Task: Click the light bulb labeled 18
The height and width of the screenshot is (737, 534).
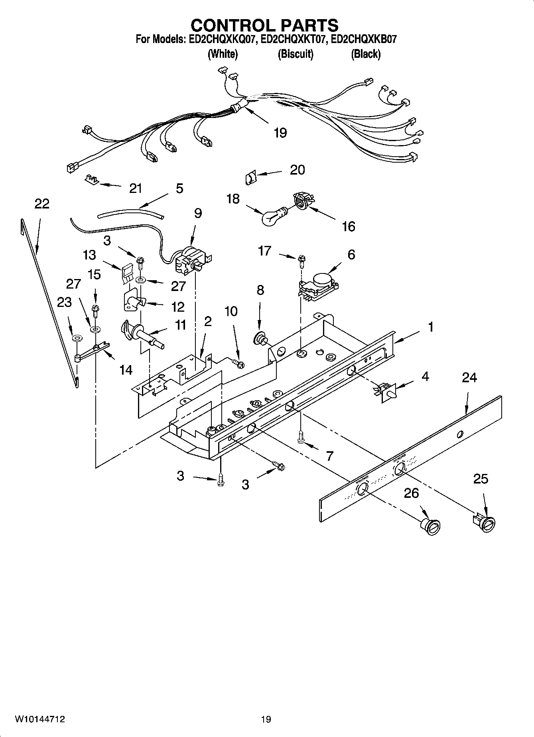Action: tap(272, 216)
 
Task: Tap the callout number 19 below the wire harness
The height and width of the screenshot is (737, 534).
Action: tap(280, 133)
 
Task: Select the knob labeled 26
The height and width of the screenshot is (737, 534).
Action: tap(431, 526)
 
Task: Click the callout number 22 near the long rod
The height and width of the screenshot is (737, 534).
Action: tap(42, 204)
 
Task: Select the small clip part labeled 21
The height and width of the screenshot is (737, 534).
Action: tap(91, 180)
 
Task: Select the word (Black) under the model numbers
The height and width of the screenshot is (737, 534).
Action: tap(365, 54)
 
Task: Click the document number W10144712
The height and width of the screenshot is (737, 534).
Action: tap(40, 719)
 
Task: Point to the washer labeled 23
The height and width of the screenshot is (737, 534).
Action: tap(75, 338)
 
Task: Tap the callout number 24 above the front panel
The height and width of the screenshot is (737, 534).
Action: tap(469, 377)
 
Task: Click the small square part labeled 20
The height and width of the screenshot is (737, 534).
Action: tap(250, 176)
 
